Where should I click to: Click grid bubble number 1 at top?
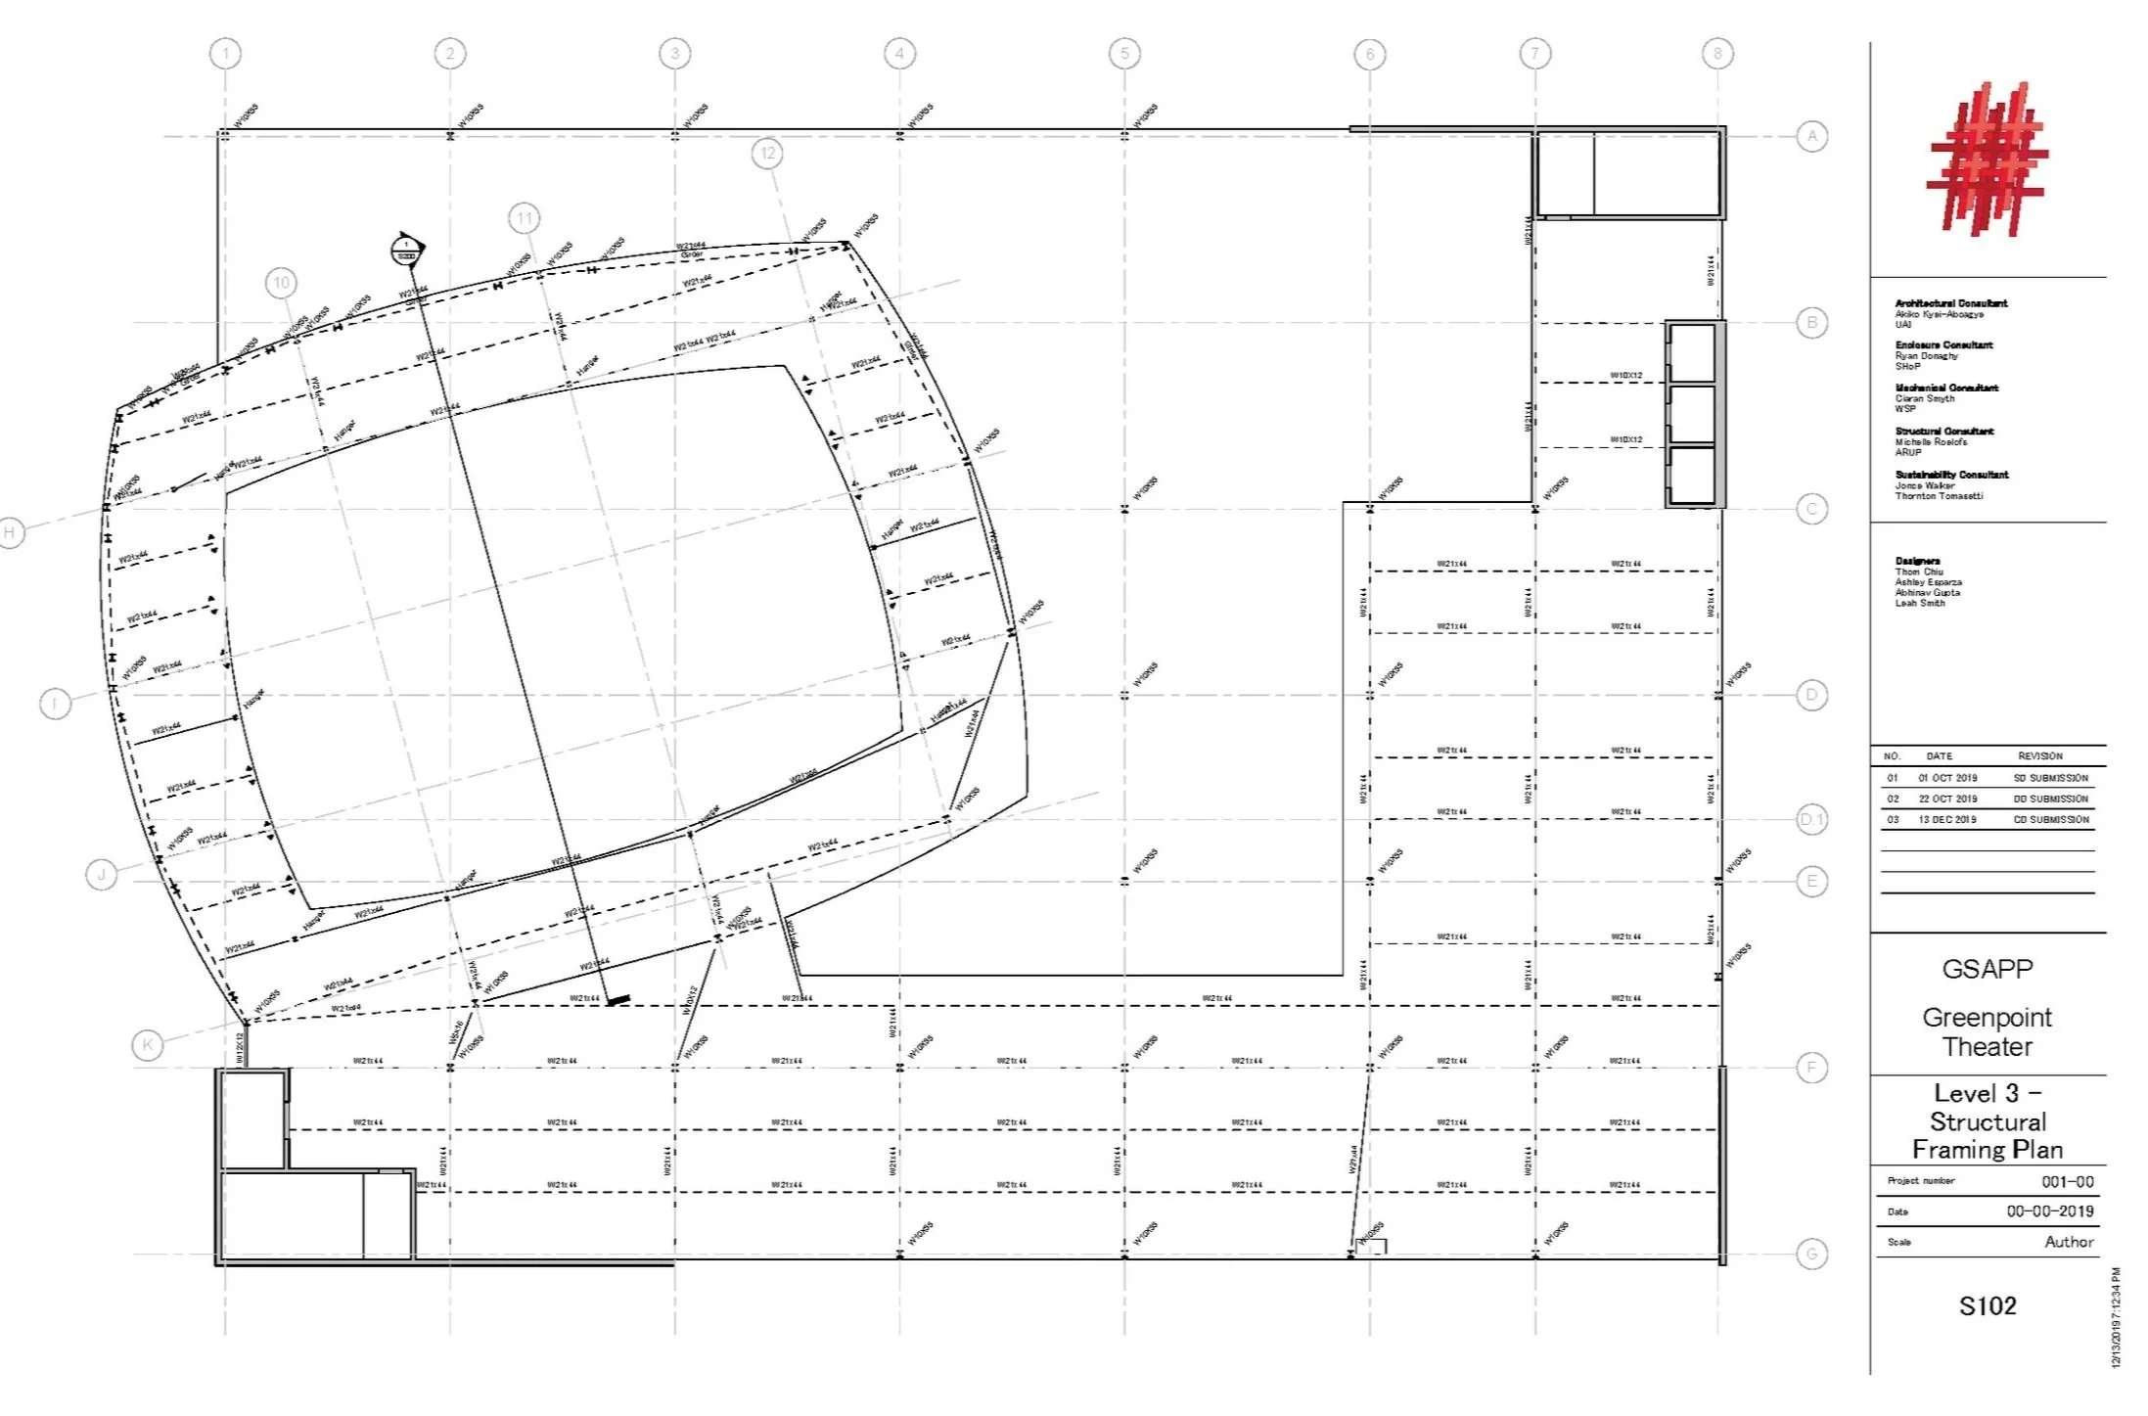226,54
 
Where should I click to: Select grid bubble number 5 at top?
1124,54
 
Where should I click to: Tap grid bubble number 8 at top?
1717,54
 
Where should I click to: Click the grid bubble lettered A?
1812,136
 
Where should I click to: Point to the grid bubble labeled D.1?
1812,819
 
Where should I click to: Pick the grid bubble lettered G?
1812,1254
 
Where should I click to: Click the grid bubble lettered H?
11,532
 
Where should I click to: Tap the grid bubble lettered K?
148,1045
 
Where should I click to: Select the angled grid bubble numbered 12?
768,153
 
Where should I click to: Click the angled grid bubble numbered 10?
282,284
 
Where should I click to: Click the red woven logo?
1988,160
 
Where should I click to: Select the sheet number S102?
1988,1305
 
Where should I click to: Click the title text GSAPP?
1988,969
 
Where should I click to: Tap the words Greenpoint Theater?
1988,1031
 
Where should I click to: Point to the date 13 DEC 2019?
1947,820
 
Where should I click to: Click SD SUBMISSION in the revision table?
2051,778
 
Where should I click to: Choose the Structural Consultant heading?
1943,432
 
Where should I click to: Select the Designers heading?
1917,562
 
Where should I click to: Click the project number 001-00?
2068,1182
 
